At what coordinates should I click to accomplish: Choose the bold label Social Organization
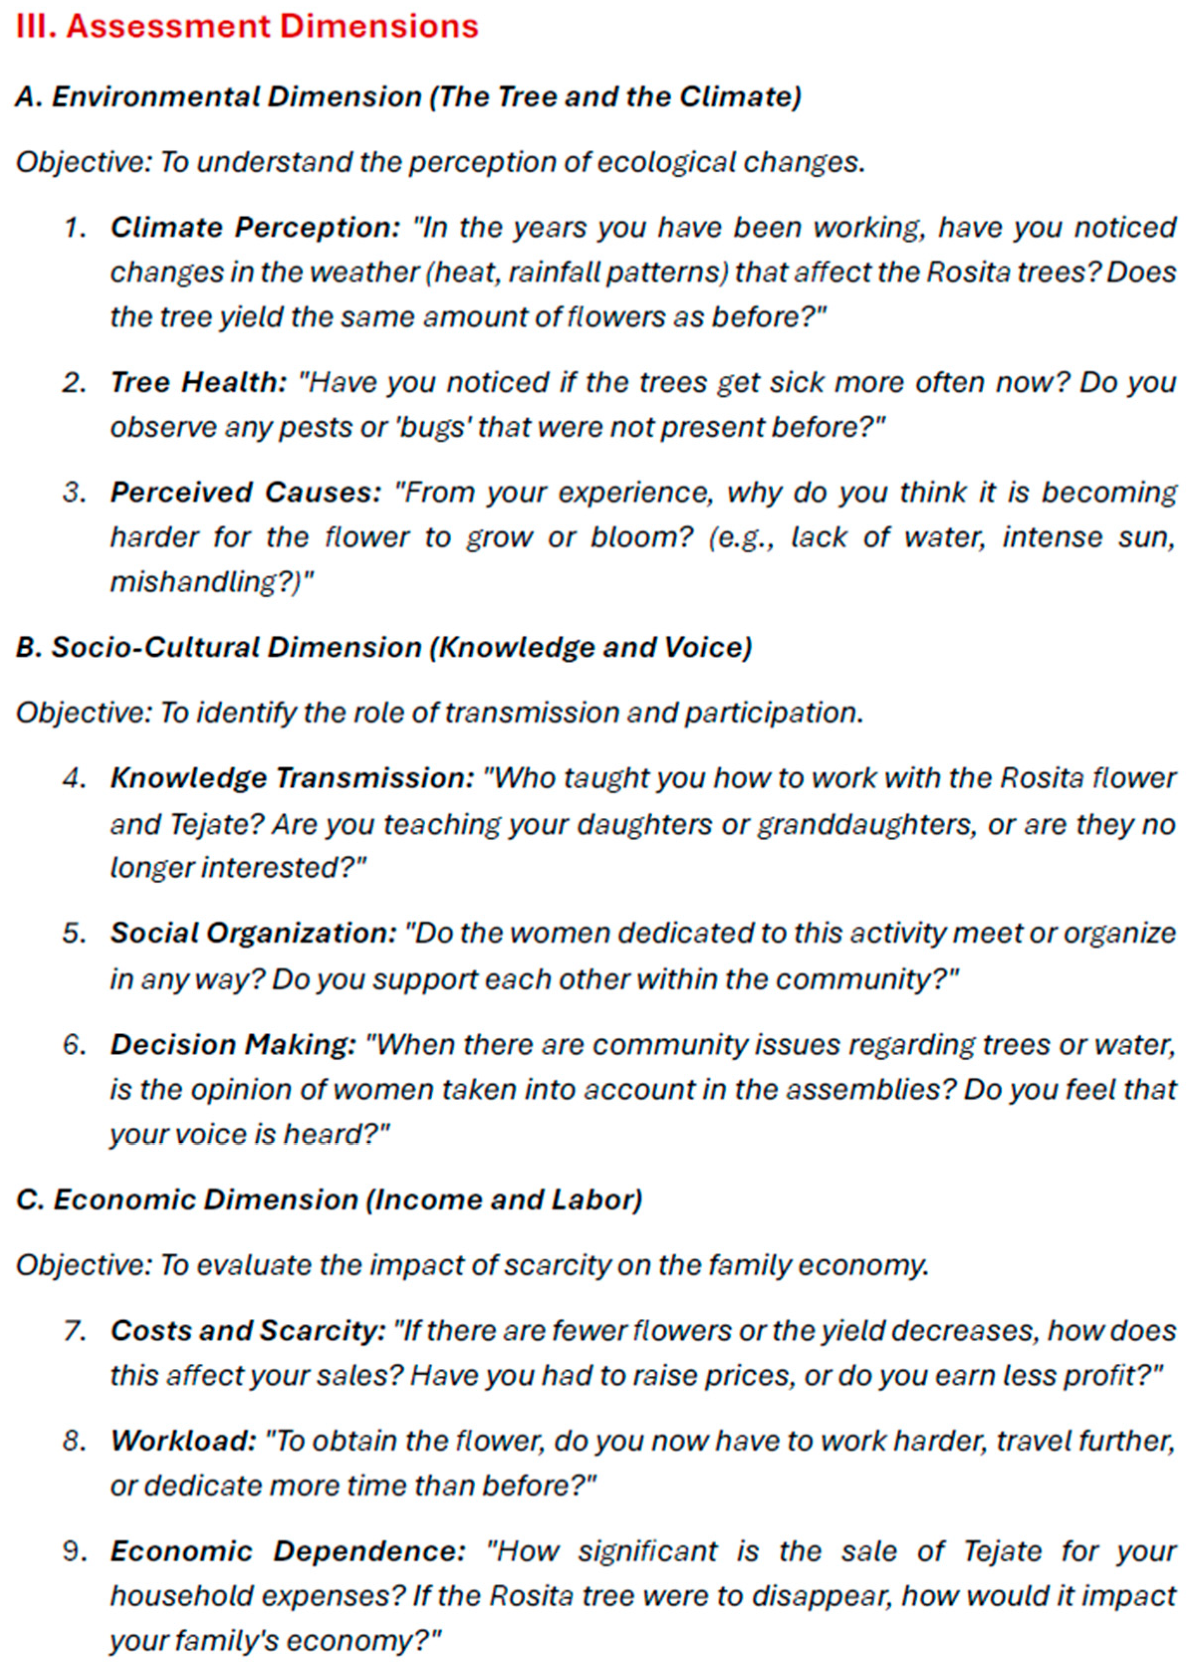coord(253,933)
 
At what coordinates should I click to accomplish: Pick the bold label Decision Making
coord(233,1045)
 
